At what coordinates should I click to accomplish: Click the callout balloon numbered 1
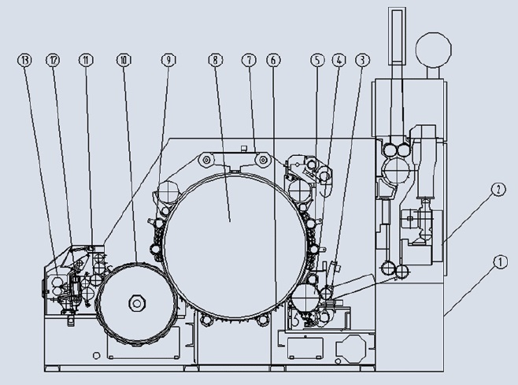[x=500, y=262]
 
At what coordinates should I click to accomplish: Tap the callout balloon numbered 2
[x=499, y=190]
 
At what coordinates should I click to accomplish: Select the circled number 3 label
[x=362, y=60]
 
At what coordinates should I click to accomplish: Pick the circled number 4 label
[x=339, y=60]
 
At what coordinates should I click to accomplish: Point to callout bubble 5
[x=317, y=60]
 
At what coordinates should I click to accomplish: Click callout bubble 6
[x=273, y=60]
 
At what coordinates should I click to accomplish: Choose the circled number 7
[x=249, y=60]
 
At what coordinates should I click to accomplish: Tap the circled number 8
[x=216, y=60]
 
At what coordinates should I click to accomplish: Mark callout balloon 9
[x=168, y=60]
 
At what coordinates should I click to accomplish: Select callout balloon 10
[x=124, y=60]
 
